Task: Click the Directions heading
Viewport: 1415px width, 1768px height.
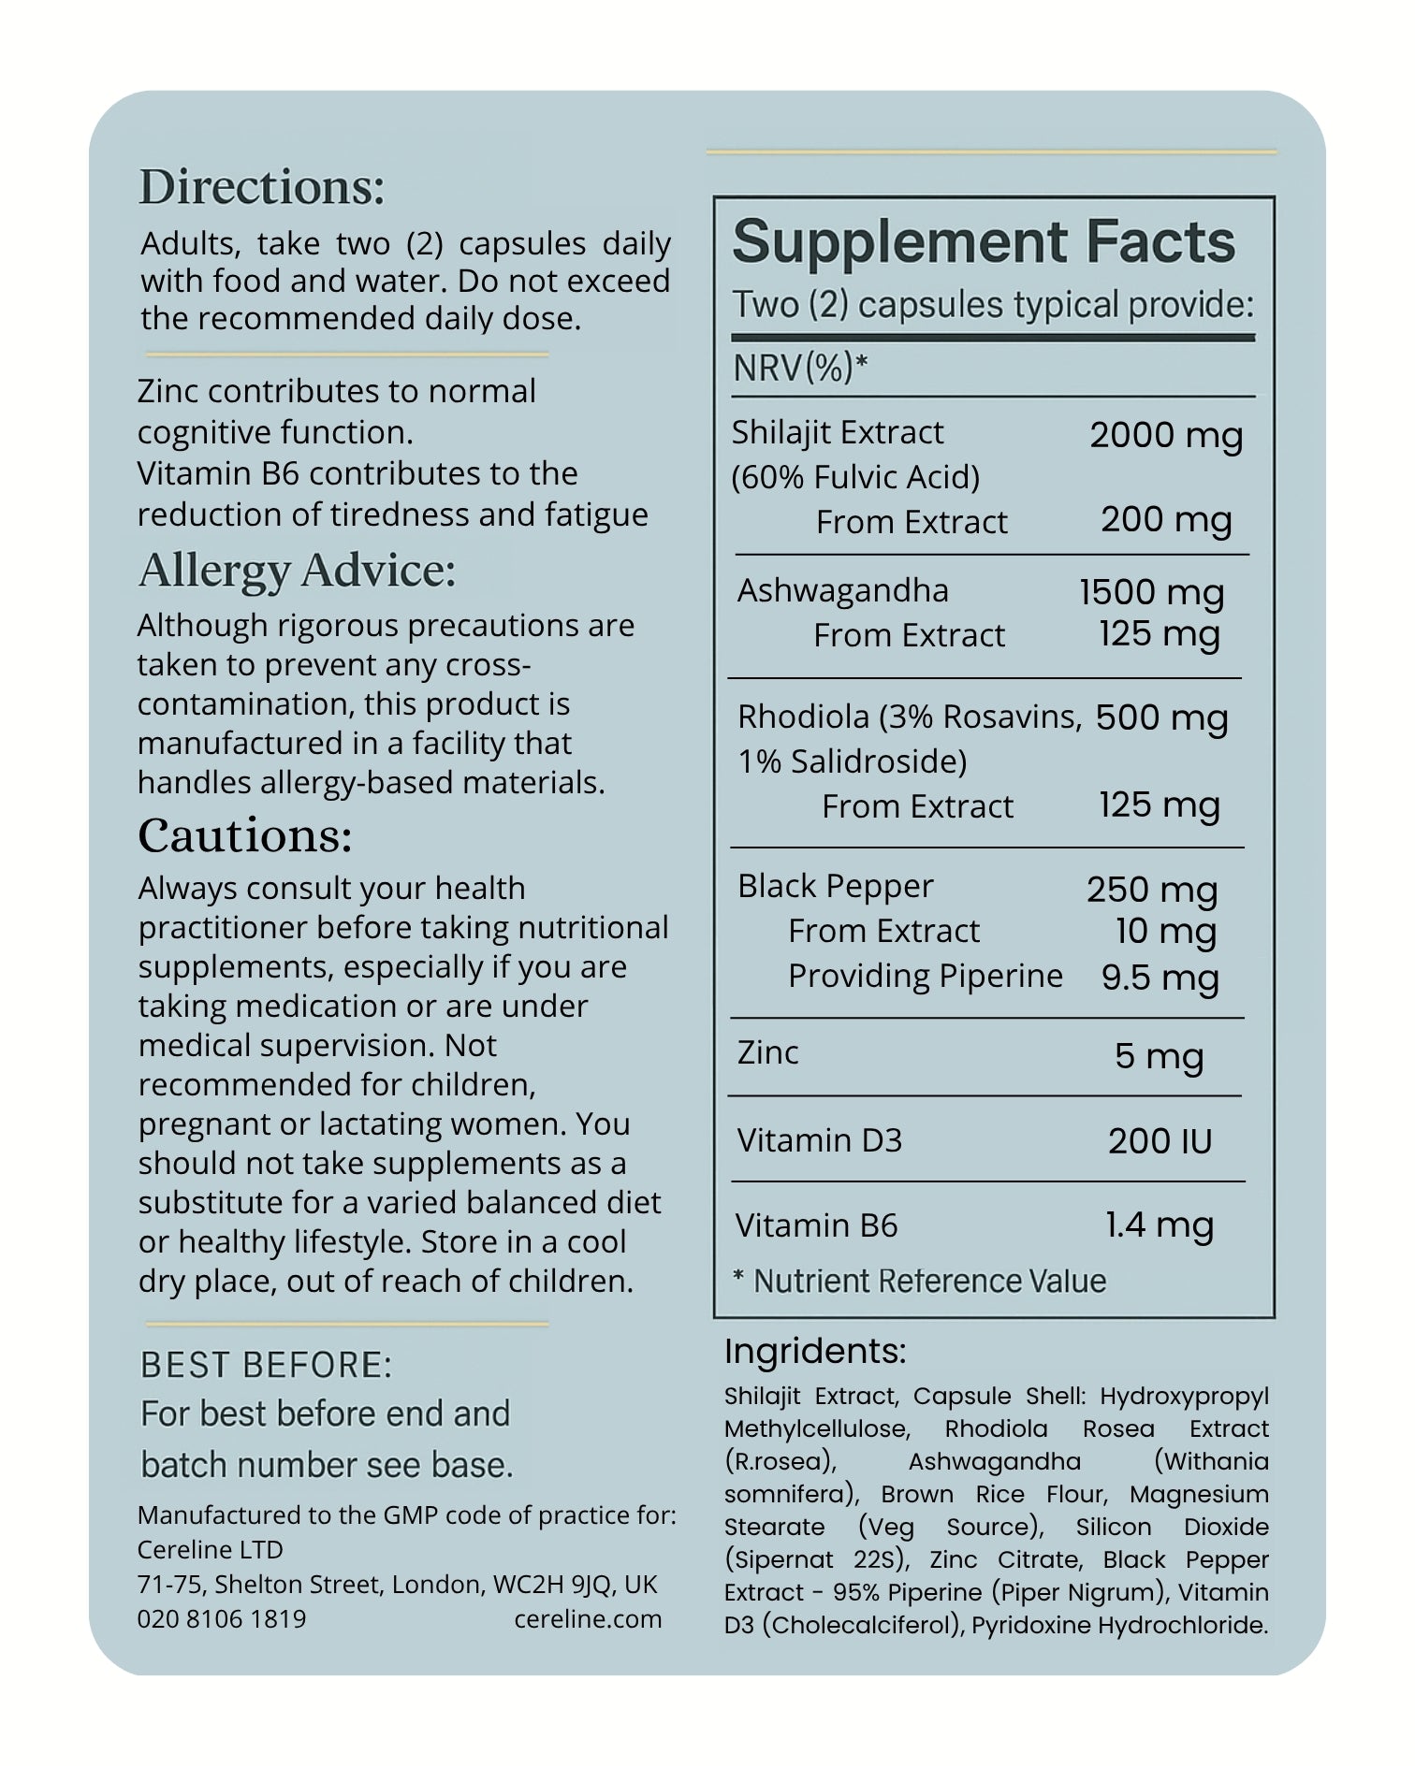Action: (x=262, y=187)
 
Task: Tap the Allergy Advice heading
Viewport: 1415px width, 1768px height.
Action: (x=298, y=571)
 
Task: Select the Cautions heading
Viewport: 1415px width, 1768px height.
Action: (x=245, y=835)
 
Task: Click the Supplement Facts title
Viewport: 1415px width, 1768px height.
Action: (x=984, y=242)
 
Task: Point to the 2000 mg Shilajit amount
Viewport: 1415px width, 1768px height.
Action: (x=1166, y=435)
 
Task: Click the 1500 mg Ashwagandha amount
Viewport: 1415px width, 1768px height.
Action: (x=1151, y=592)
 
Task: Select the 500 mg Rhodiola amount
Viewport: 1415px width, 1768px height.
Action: (x=1161, y=717)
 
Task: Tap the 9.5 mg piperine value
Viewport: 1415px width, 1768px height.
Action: (x=1160, y=978)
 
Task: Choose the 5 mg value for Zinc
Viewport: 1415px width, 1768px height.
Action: (x=1159, y=1056)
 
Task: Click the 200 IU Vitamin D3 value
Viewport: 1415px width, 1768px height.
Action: (x=1160, y=1141)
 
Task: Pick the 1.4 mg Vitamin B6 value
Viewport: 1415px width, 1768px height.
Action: (x=1159, y=1225)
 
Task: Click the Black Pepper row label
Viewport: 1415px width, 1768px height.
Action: (x=835, y=886)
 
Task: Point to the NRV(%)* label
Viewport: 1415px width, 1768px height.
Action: (x=800, y=369)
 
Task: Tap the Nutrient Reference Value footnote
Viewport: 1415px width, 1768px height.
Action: (x=919, y=1281)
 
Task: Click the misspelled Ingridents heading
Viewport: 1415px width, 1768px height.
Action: (x=815, y=1352)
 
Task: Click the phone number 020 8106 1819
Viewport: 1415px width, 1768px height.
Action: (x=222, y=1618)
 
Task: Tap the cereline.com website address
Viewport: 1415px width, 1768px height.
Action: (x=588, y=1618)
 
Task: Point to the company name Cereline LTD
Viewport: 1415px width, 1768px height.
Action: (x=211, y=1549)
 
